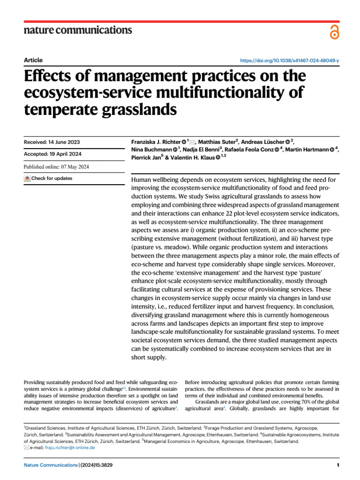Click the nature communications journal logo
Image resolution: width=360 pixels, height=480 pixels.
tap(78, 30)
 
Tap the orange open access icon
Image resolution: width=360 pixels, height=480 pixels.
tap(334, 32)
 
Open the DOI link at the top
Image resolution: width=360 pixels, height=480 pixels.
tap(289, 61)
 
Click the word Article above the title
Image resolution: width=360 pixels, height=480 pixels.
tap(33, 60)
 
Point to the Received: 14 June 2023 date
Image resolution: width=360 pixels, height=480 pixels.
tap(52, 142)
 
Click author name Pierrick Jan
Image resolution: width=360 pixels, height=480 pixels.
tap(145, 157)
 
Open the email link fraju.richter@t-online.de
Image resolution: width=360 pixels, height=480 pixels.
tap(69, 447)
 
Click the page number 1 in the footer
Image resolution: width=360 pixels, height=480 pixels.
tap(337, 465)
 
